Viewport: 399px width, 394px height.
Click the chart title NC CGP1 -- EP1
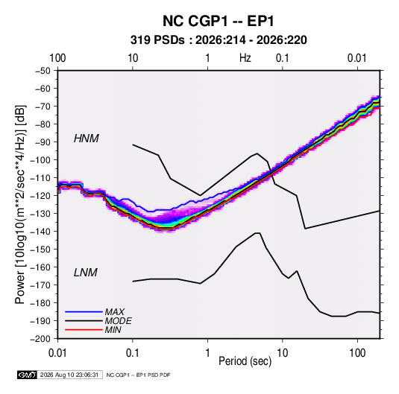point(219,21)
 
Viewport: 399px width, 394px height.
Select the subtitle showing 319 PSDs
point(219,40)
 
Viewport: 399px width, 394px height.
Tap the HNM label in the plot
point(87,139)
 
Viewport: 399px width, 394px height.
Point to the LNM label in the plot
point(86,273)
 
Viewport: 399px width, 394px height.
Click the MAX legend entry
point(115,312)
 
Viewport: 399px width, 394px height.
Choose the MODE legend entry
point(119,321)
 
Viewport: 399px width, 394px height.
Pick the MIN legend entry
point(113,330)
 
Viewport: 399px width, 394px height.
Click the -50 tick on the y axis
point(43,71)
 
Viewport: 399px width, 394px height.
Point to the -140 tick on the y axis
point(41,232)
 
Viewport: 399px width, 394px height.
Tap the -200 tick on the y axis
point(41,339)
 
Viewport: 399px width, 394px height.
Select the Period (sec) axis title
point(245,361)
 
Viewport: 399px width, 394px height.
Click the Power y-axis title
point(20,205)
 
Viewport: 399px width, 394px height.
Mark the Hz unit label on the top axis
point(245,58)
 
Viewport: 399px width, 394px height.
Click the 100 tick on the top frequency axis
point(57,58)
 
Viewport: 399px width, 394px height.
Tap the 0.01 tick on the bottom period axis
point(57,353)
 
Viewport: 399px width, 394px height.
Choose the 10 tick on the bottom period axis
point(282,353)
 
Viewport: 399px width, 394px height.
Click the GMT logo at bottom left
point(28,375)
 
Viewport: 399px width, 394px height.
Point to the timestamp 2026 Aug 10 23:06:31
point(69,375)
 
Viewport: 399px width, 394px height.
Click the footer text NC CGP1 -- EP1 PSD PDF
point(138,375)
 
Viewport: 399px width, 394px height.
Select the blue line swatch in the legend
point(84,312)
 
